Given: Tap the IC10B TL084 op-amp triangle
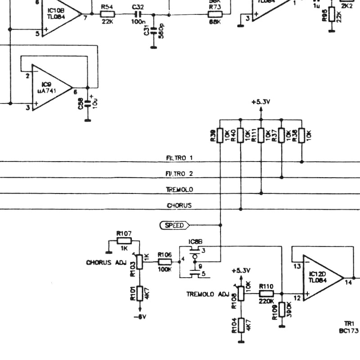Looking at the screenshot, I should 61,16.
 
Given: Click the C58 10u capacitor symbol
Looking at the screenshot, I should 88,103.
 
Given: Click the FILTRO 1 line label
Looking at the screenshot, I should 179,158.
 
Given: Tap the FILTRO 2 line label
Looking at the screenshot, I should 179,174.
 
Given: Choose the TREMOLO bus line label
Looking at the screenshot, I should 179,189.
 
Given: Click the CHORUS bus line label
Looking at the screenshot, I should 179,205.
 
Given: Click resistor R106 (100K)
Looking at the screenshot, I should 165,261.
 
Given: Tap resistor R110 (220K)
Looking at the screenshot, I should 266,293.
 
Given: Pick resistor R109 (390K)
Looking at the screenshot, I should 282,310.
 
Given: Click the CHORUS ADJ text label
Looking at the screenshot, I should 106,262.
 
